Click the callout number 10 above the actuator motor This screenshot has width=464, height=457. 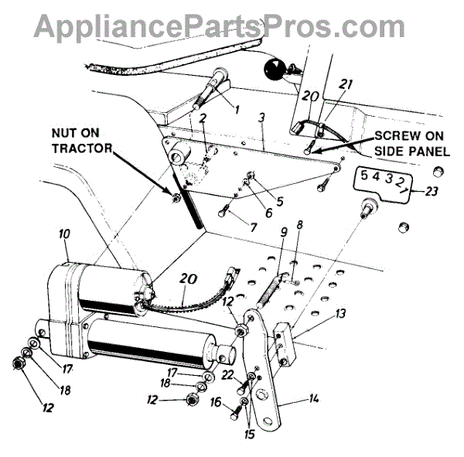(x=64, y=233)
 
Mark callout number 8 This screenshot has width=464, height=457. (x=300, y=225)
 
